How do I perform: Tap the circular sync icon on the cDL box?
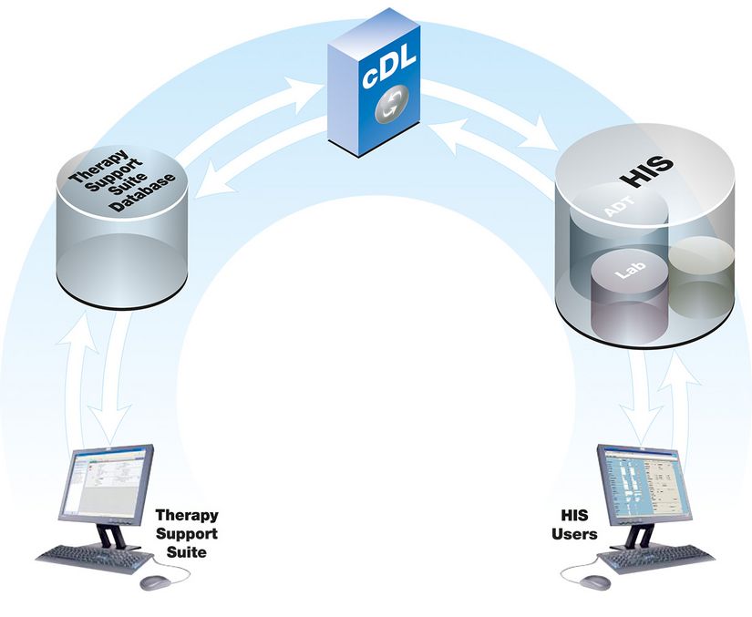tap(391, 107)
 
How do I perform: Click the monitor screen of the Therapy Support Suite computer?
tap(107, 483)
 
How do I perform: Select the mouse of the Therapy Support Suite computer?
tap(154, 581)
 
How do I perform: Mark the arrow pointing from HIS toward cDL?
tap(492, 150)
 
